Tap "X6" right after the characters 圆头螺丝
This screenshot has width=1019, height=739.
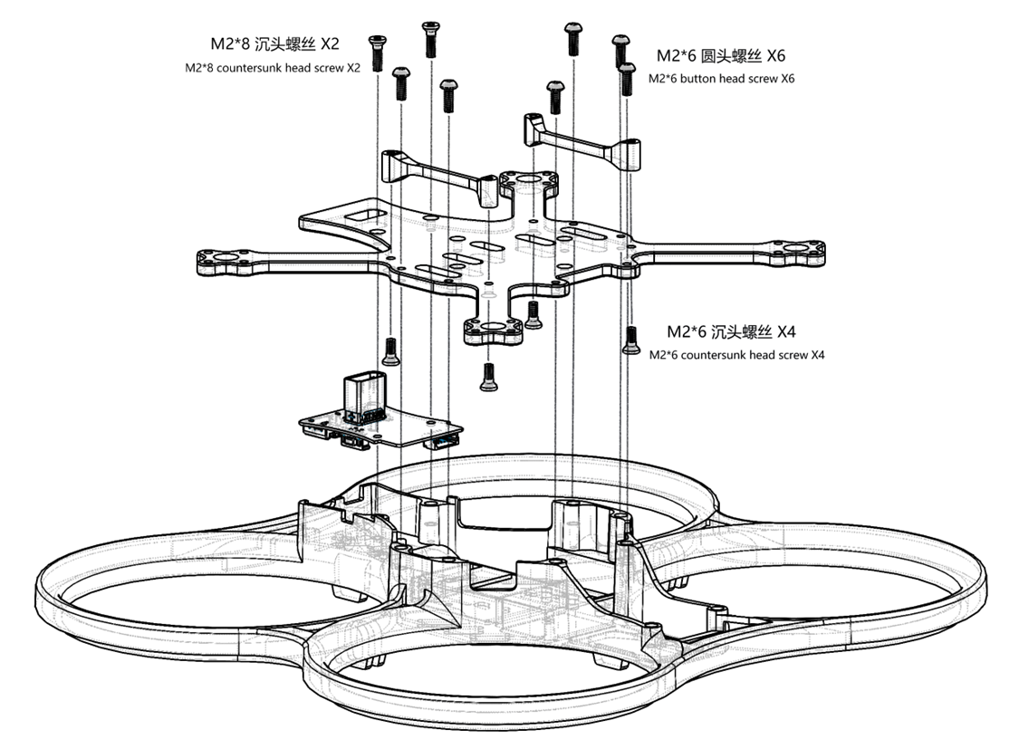tap(776, 56)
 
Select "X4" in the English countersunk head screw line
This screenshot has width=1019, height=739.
tap(817, 355)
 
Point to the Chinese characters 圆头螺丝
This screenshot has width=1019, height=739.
tap(731, 56)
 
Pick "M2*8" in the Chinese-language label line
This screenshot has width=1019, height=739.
tap(230, 44)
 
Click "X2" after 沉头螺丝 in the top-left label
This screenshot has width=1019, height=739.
tap(330, 44)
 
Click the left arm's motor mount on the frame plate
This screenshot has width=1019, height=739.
tap(225, 262)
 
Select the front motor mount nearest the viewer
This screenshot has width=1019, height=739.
tap(494, 331)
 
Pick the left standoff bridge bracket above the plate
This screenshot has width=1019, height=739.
tap(440, 177)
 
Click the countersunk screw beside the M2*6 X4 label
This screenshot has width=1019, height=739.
tap(631, 340)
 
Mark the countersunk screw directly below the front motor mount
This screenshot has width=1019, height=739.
tap(489, 377)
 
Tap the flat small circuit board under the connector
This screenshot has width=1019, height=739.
tap(380, 431)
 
